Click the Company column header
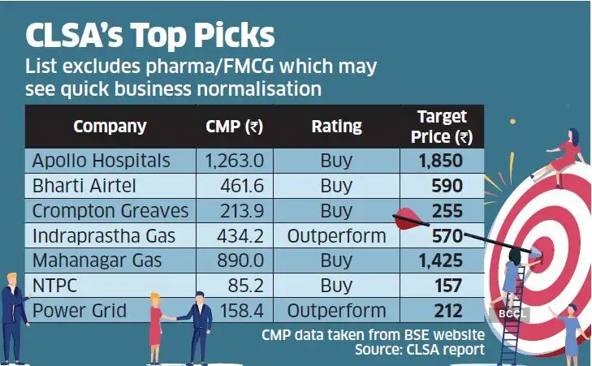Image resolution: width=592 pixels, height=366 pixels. point(110,126)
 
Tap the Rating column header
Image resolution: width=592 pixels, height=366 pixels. point(336,126)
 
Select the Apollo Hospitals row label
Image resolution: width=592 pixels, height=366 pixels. point(101,160)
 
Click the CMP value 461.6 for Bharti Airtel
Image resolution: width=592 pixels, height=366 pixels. point(242,186)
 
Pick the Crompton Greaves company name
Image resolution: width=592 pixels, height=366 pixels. point(110,211)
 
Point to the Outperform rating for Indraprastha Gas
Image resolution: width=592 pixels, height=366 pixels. point(336,236)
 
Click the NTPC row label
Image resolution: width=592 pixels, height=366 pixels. point(54,286)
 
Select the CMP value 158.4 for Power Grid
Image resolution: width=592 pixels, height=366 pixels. point(242,311)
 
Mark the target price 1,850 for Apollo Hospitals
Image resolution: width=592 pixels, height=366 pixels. point(441,160)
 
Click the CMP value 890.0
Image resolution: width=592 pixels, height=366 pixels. point(242,261)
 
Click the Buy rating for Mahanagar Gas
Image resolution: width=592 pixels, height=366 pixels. point(336,261)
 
